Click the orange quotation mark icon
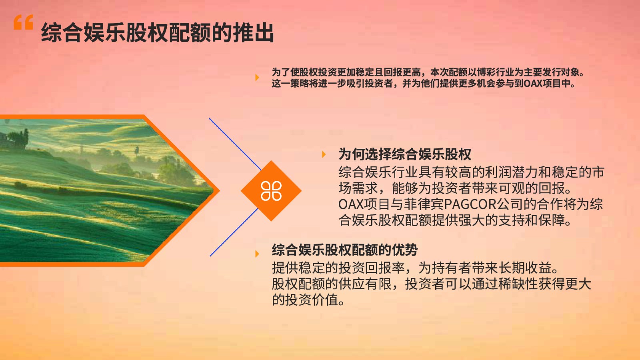coord(24,22)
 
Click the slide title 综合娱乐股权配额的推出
coord(158,32)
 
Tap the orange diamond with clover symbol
coord(271,191)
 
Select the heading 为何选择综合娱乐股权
coord(404,154)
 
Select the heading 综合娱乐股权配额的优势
coord(344,250)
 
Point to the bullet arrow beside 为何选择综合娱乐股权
coord(324,154)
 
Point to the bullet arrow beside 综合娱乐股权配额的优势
coord(257,254)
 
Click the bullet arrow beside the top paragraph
coord(257,78)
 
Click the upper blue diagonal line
coord(235,144)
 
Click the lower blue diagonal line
coord(234,232)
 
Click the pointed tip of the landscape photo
coord(219,190)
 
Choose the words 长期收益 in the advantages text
coord(525,268)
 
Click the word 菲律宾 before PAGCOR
coord(424,204)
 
